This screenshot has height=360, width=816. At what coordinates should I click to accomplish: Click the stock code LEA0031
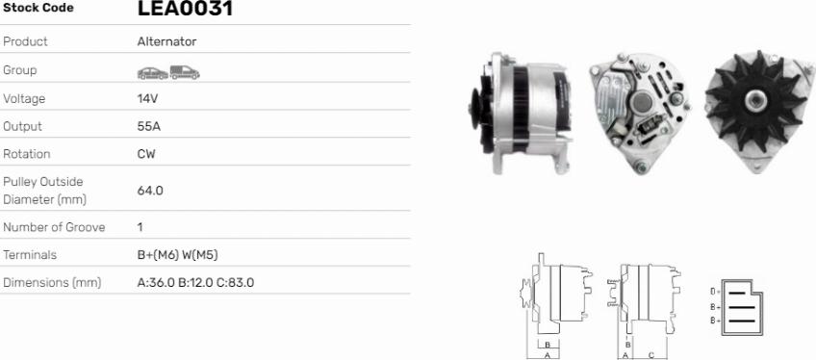tap(185, 9)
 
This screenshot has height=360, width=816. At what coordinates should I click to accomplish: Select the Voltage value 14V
tap(147, 99)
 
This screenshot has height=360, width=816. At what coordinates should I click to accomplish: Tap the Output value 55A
tap(149, 126)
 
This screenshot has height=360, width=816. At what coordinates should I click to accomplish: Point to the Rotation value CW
tap(146, 154)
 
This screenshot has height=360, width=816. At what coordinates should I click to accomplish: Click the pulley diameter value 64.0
tap(150, 191)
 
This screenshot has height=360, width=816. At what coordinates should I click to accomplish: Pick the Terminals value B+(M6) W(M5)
tap(177, 255)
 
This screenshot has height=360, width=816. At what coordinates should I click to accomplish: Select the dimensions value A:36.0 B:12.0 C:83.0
tap(195, 282)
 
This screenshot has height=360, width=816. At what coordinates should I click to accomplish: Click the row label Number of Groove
tap(54, 227)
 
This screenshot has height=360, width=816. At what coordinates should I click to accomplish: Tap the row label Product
tap(25, 41)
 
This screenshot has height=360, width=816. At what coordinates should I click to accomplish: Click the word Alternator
tap(167, 41)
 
